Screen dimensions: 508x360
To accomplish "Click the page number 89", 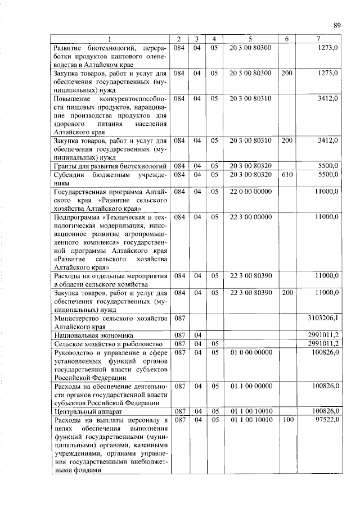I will (x=337, y=25).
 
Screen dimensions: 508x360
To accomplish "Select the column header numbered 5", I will (x=250, y=39).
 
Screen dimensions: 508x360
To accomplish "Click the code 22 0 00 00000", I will (x=250, y=192).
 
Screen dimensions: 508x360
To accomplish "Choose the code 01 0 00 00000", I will (x=250, y=352).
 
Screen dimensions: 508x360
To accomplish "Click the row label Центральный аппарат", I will (x=80, y=411).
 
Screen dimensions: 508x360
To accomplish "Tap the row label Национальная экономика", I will (x=89, y=335).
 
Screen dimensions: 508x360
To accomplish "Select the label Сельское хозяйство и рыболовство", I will (x=99, y=343).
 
